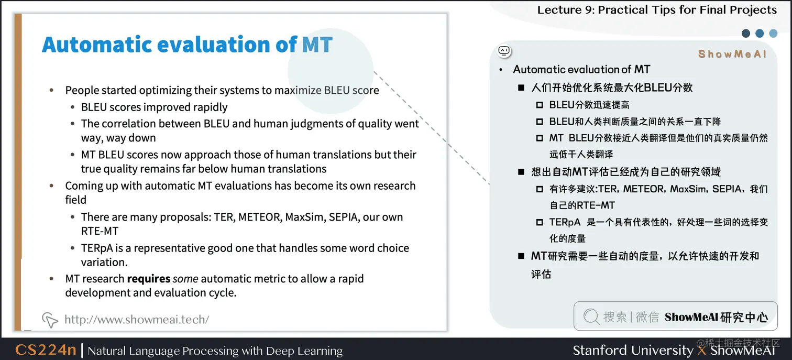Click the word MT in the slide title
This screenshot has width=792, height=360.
[317, 45]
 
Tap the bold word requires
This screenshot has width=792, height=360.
[149, 279]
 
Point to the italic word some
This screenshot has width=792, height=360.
[185, 279]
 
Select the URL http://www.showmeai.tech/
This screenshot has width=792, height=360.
[137, 319]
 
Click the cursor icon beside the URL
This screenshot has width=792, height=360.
[50, 319]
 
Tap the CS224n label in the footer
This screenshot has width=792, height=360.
[46, 350]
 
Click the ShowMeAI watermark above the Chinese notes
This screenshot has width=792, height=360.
[732, 54]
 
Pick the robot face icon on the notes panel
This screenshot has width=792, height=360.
[504, 51]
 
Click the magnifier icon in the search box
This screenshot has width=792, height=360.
[591, 317]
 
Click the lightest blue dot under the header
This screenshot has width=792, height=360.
[773, 34]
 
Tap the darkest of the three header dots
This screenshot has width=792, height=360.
[746, 34]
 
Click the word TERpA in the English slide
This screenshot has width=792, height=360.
[98, 248]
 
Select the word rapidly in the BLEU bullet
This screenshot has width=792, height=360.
[208, 107]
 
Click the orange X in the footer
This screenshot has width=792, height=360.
[702, 350]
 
